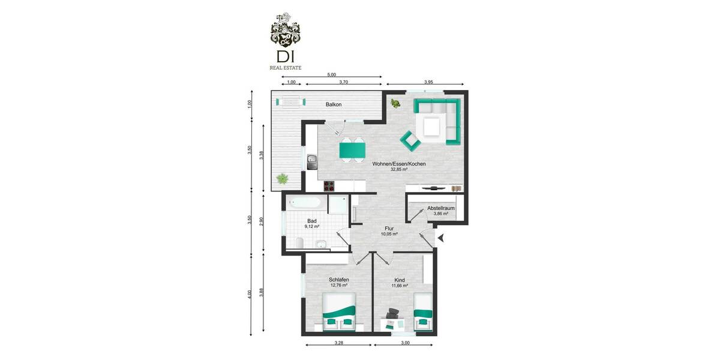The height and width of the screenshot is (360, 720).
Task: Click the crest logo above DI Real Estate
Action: (285, 31)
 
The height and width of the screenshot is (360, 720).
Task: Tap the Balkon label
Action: (334, 104)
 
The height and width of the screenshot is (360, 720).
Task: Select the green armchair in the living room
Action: (411, 141)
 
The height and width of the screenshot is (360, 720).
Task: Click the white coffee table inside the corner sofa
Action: (432, 126)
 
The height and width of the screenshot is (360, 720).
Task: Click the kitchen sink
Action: (312, 161)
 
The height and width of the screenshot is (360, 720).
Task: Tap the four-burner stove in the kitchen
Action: (329, 186)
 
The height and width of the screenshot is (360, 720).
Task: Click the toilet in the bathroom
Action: (298, 242)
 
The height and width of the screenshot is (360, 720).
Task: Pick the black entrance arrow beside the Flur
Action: (441, 238)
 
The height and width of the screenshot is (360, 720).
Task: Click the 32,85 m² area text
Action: (390, 170)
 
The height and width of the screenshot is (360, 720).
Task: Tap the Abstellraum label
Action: (440, 208)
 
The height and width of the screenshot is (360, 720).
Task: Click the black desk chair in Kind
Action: (394, 313)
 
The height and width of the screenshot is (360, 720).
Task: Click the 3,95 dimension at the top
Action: (428, 82)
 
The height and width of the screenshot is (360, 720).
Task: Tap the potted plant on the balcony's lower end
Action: (281, 178)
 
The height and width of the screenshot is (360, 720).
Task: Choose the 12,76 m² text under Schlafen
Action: (338, 286)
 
